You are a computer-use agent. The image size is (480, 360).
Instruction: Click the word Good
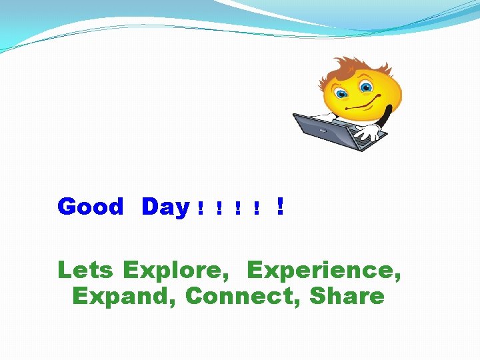tap(90, 207)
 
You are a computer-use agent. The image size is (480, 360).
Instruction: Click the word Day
tap(165, 207)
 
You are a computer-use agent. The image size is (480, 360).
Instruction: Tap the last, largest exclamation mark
tap(280, 207)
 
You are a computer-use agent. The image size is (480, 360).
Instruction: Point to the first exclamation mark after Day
tap(200, 209)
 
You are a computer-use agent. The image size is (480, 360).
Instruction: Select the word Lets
tap(87, 270)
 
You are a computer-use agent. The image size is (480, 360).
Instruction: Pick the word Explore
tap(173, 271)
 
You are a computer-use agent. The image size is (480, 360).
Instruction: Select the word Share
tap(347, 296)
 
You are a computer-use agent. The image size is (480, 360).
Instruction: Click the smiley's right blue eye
tap(366, 87)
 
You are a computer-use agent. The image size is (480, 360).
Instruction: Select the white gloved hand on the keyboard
tap(365, 133)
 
